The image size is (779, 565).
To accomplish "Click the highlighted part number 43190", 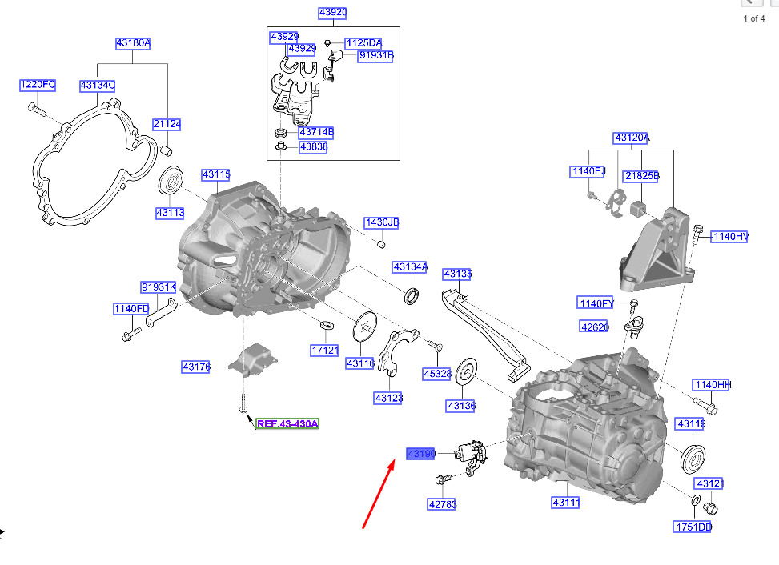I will (x=421, y=454).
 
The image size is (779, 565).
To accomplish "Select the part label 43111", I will (x=565, y=503).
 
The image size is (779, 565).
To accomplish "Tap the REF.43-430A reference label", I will (x=287, y=423).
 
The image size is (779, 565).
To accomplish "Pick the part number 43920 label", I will (x=332, y=13).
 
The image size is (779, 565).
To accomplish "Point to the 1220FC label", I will (x=38, y=85).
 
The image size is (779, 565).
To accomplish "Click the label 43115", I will (x=216, y=174).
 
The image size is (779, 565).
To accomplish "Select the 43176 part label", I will (x=196, y=367).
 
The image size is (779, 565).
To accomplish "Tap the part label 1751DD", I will (x=693, y=527).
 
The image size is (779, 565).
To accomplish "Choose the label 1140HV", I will (x=730, y=236).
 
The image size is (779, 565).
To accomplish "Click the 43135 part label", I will (x=457, y=274).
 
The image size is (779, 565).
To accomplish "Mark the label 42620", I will (x=595, y=327).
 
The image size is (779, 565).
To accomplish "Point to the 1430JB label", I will (x=381, y=222).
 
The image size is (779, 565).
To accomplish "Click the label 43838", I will (x=313, y=147).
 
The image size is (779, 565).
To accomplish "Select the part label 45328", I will (x=437, y=374).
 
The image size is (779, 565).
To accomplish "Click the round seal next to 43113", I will (x=171, y=180).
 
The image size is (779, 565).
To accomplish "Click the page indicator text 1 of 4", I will (x=754, y=18).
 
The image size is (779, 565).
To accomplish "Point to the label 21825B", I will (x=641, y=176).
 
